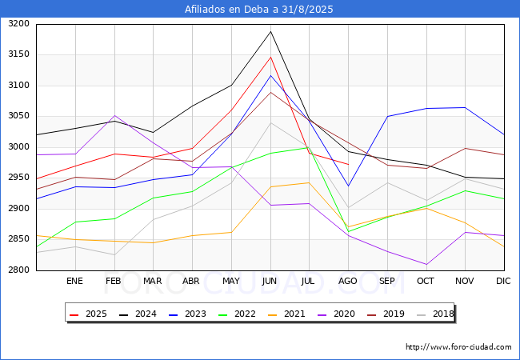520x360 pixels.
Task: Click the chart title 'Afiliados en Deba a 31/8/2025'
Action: pyautogui.click(x=259, y=10)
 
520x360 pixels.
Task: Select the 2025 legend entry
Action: pyautogui.click(x=90, y=314)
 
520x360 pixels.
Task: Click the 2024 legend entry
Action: pyautogui.click(x=138, y=314)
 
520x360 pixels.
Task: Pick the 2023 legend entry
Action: pyautogui.click(x=186, y=314)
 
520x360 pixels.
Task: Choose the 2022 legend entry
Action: pyautogui.click(x=235, y=314)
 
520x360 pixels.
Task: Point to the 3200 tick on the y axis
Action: pyautogui.click(x=19, y=24)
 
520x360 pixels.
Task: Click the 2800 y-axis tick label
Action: pyautogui.click(x=19, y=270)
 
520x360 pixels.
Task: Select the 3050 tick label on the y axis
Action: pyautogui.click(x=19, y=116)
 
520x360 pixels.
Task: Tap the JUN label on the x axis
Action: pyautogui.click(x=270, y=281)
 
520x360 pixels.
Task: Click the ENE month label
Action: pyautogui.click(x=74, y=281)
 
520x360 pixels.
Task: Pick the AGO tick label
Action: pyautogui.click(x=348, y=281)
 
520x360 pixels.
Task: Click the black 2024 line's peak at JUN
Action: pyautogui.click(x=270, y=32)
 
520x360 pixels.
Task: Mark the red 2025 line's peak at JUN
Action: pyautogui.click(x=270, y=57)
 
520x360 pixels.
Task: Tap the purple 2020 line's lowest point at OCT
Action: pyautogui.click(x=426, y=264)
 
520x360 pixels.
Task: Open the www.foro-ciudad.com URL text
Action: pyautogui.click(x=458, y=347)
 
